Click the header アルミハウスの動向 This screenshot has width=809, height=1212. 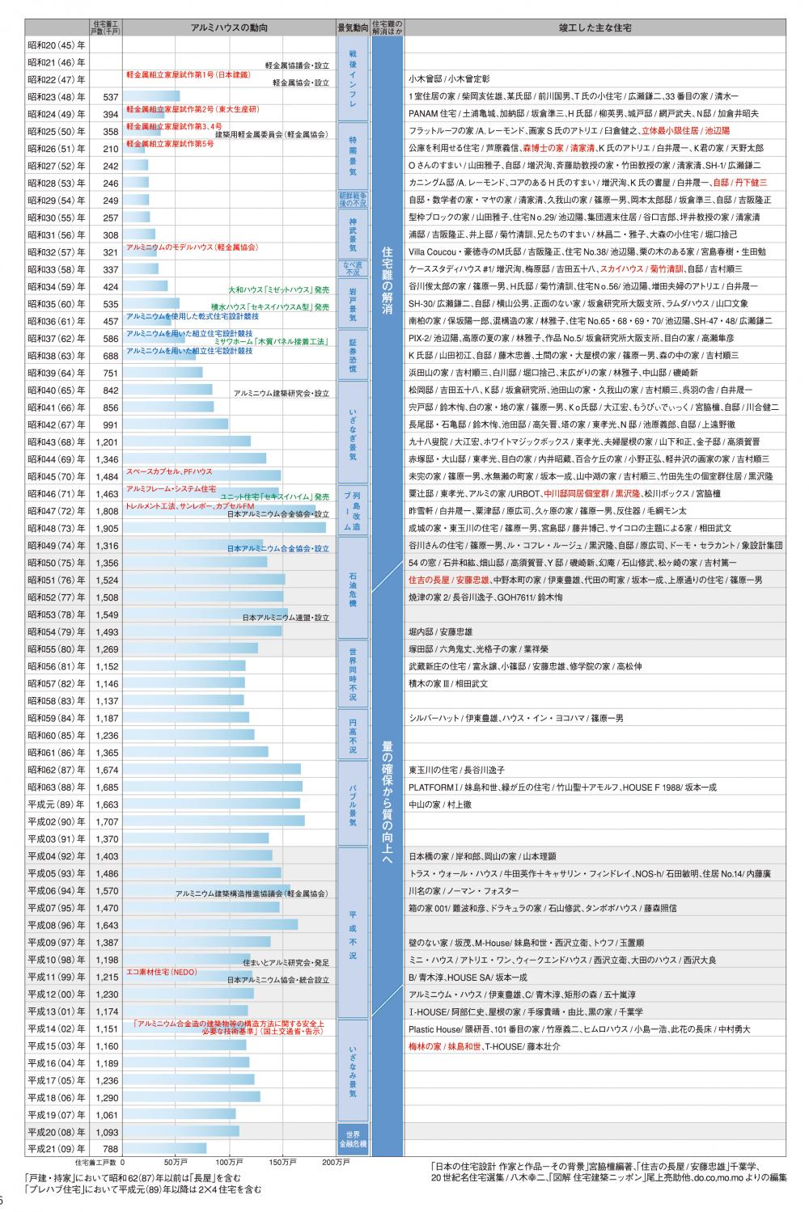click(x=229, y=27)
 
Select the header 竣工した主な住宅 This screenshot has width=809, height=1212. click(x=595, y=27)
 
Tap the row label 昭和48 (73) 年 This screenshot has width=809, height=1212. click(x=56, y=528)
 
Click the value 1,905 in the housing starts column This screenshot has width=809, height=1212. click(x=107, y=528)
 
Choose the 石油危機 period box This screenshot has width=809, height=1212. click(x=353, y=589)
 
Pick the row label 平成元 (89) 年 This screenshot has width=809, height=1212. click(x=56, y=804)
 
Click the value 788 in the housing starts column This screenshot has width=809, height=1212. click(x=110, y=1148)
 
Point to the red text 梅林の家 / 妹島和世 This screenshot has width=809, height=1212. click(x=445, y=1045)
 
